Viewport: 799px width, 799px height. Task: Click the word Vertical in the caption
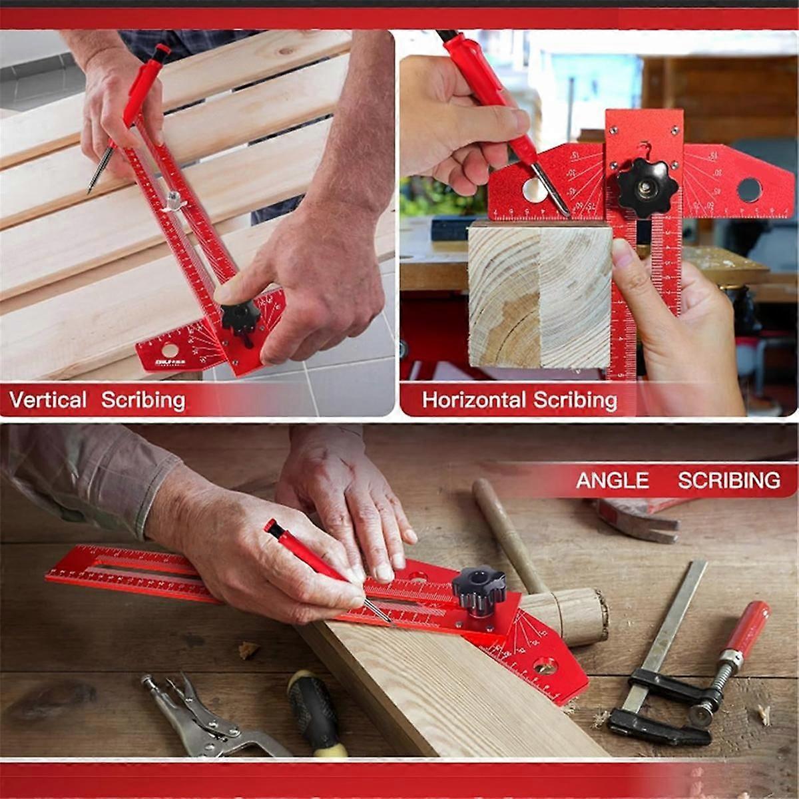pos(48,400)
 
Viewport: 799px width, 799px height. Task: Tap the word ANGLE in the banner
pos(612,480)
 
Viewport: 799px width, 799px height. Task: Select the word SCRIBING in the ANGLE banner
pos(729,480)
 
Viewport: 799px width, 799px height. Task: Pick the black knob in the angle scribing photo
pos(478,589)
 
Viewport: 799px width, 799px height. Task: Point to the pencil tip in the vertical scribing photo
pos(91,189)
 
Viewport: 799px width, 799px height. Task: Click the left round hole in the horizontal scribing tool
pos(535,190)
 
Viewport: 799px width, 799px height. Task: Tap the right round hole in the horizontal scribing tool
pos(749,190)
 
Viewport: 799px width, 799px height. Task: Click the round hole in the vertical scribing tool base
pos(170,350)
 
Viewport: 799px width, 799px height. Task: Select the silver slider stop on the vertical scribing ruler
pos(173,199)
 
